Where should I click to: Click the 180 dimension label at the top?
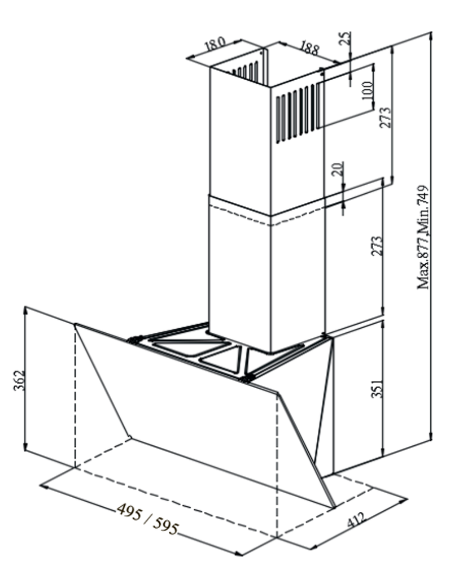click(x=215, y=44)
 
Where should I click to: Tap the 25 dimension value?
click(x=345, y=38)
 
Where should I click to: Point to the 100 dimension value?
click(x=367, y=91)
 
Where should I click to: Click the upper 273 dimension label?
click(x=385, y=117)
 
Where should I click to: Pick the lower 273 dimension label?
click(x=377, y=246)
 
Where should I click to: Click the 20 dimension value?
click(x=337, y=169)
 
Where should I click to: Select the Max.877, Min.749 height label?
click(x=423, y=237)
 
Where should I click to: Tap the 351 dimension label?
click(x=377, y=388)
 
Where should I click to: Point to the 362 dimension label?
click(x=19, y=380)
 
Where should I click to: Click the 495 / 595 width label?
click(x=147, y=519)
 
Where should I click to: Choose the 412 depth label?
click(x=356, y=519)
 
